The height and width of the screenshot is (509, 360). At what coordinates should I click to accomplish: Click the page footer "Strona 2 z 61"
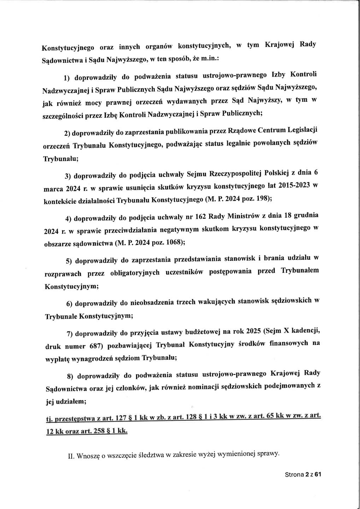pos(302,475)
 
